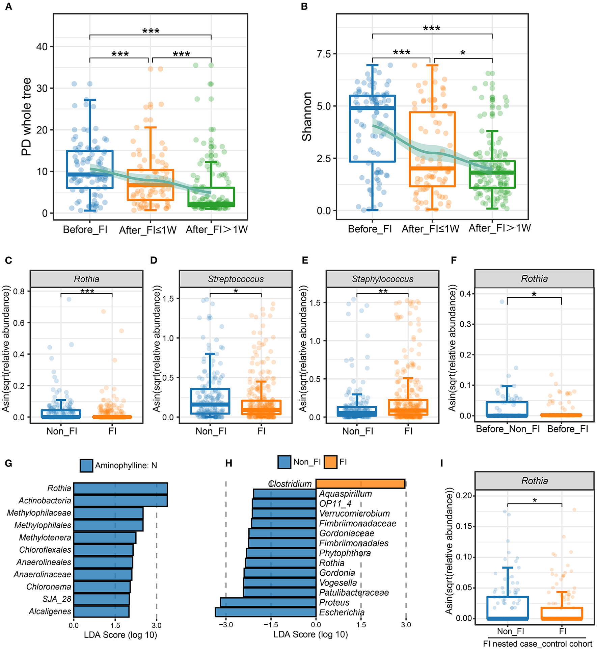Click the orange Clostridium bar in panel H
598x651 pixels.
[360, 483]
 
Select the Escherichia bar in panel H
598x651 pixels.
[266, 612]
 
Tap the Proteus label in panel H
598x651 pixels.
[334, 602]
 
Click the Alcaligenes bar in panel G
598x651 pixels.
[101, 611]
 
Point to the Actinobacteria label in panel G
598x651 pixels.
[45, 500]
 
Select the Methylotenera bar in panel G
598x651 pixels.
[105, 537]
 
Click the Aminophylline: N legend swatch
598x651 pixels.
[86, 466]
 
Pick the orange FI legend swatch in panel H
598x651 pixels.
[330, 462]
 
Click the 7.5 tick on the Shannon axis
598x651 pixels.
[324, 54]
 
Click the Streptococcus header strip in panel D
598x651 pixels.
[236, 279]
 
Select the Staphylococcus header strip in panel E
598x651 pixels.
[382, 279]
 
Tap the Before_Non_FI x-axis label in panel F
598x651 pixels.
[508, 429]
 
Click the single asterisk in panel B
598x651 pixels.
[463, 53]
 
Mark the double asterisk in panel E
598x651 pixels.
[383, 291]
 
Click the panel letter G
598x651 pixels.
[8, 463]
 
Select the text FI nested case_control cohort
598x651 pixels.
[538, 644]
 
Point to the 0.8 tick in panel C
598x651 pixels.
[19, 291]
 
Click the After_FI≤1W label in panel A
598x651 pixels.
[148, 230]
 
